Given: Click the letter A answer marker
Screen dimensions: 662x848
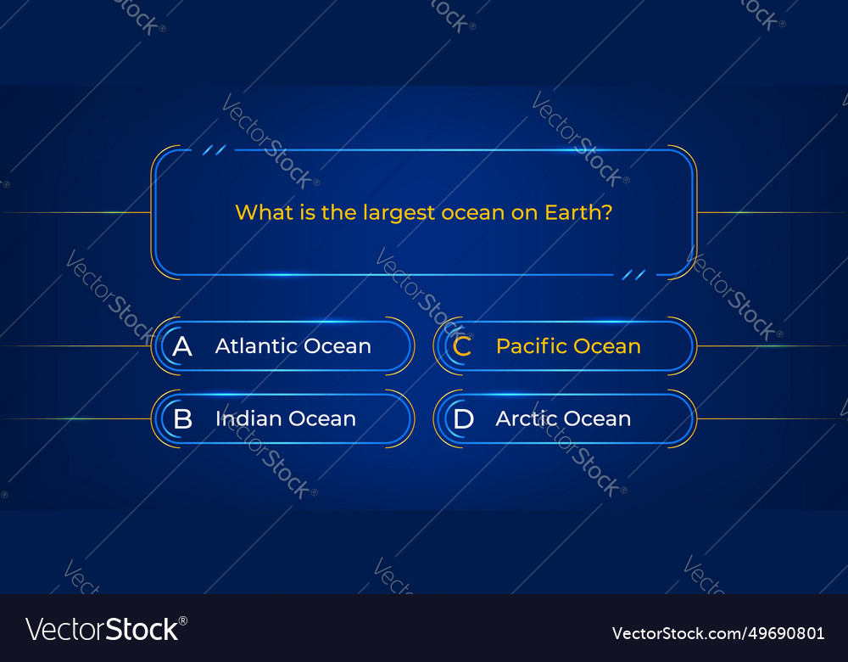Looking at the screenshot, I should pyautogui.click(x=182, y=346).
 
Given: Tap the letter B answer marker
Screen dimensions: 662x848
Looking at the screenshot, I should pyautogui.click(x=182, y=419).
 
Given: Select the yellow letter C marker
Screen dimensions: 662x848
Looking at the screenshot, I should pyautogui.click(x=462, y=346).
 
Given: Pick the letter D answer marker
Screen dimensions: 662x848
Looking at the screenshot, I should pyautogui.click(x=463, y=419).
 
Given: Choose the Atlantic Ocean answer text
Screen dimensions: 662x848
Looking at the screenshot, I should pyautogui.click(x=293, y=346).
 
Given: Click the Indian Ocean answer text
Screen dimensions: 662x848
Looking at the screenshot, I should pyautogui.click(x=285, y=419).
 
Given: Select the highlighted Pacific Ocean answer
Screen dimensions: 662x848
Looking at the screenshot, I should pyautogui.click(x=568, y=346).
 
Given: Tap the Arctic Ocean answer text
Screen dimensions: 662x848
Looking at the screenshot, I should pyautogui.click(x=563, y=419).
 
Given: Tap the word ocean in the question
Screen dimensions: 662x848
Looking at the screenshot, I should pyautogui.click(x=472, y=212).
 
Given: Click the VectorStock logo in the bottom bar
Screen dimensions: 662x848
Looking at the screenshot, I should pyautogui.click(x=106, y=629).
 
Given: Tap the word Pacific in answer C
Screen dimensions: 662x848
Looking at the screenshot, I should pyautogui.click(x=532, y=346).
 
